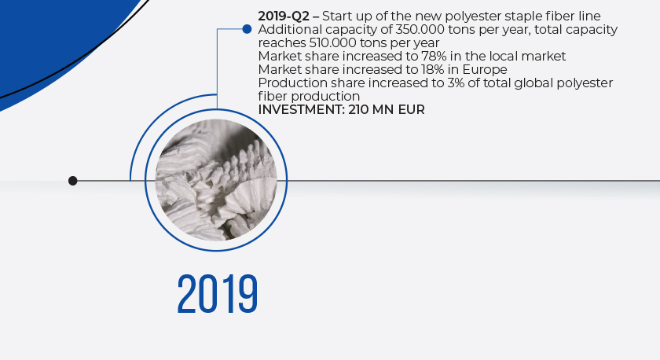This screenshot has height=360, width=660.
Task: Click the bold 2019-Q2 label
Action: click(x=284, y=17)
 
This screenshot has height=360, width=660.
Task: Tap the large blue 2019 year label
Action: click(x=217, y=294)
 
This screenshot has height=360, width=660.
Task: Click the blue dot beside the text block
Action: click(x=247, y=29)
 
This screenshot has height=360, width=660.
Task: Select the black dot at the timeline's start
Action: click(x=73, y=181)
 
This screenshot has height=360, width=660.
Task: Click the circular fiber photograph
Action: click(x=216, y=180)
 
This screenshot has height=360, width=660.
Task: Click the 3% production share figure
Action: click(x=456, y=83)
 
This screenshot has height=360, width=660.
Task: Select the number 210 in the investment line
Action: click(x=358, y=110)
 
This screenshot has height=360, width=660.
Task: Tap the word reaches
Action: click(x=282, y=43)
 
